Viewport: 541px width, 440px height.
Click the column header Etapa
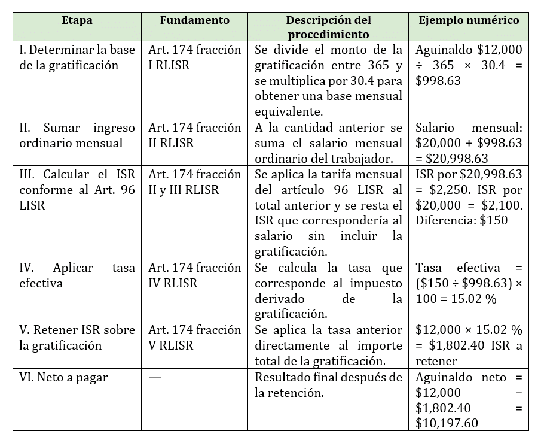coord(77,20)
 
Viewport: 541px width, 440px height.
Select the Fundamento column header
coord(194,20)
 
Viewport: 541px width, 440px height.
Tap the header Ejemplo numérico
coord(469,20)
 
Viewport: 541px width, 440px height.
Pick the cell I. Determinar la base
coord(77,57)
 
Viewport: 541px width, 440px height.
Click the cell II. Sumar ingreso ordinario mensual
coord(77,135)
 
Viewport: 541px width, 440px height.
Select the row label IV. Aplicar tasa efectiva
coord(77,275)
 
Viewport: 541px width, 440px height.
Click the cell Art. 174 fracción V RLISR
coord(194,338)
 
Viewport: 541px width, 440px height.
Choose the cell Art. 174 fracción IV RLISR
coord(194,275)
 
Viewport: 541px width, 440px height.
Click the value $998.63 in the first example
coord(438,81)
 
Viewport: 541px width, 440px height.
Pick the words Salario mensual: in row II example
coord(469,128)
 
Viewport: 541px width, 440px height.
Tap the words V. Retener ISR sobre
coord(77,330)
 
